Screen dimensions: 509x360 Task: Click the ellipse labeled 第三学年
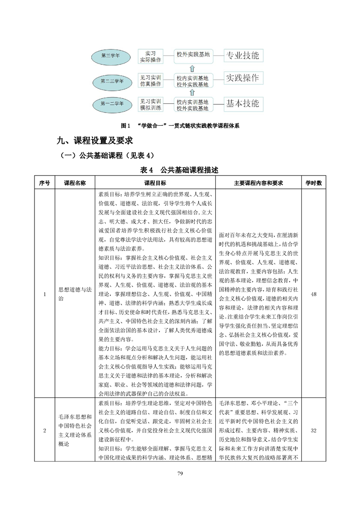110,55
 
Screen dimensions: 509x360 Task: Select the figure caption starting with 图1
181,125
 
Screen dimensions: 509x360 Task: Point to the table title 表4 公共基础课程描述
180,171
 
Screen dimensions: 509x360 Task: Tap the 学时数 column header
313,183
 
